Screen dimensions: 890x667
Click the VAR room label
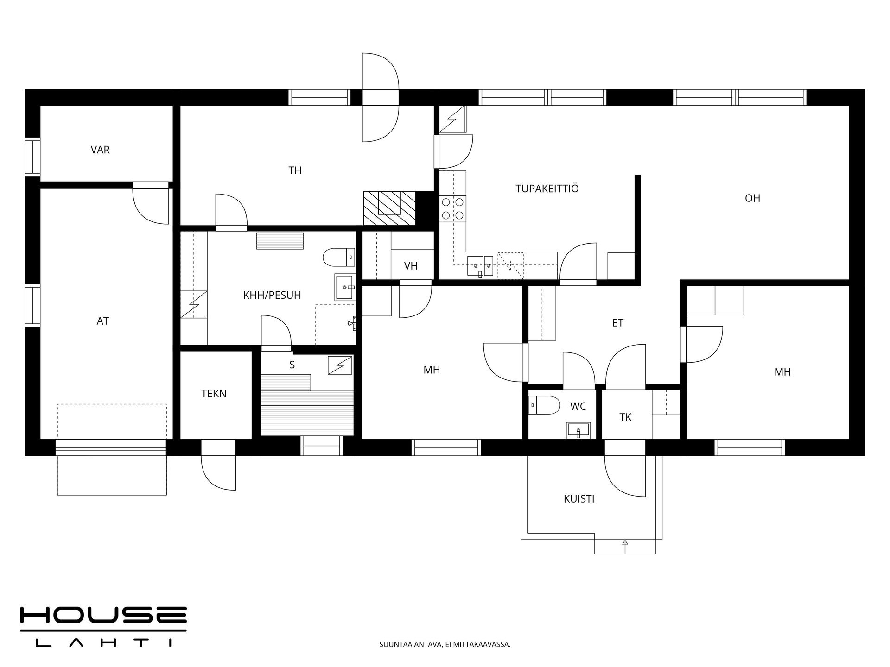tap(100, 150)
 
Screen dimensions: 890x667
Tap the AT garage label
tap(102, 321)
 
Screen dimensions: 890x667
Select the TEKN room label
tap(214, 394)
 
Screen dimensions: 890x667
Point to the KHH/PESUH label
tap(272, 295)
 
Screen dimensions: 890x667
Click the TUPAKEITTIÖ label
tap(547, 189)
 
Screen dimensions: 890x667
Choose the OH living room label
tap(752, 198)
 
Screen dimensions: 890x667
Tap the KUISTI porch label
tap(579, 499)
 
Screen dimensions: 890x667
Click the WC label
tap(578, 406)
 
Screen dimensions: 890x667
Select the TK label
tap(625, 417)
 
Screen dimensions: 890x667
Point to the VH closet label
tap(411, 266)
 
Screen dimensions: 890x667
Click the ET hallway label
tap(618, 323)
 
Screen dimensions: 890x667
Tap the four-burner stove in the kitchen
tap(452, 208)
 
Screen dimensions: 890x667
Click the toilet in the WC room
tap(544, 404)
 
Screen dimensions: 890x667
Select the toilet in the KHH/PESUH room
tap(339, 257)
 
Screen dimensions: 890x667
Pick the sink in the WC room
tap(578, 430)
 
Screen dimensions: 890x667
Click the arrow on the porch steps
tap(625, 547)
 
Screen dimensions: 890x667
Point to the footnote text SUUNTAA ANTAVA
tap(408, 644)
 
